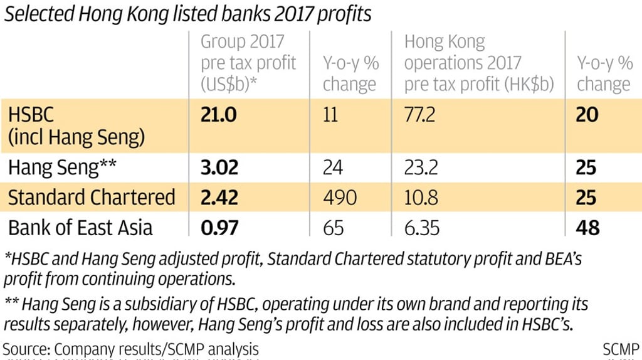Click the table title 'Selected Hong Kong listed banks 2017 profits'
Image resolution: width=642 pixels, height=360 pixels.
(x=187, y=14)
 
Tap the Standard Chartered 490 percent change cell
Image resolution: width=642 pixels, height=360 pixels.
(x=339, y=198)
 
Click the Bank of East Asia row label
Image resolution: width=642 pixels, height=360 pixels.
(x=80, y=227)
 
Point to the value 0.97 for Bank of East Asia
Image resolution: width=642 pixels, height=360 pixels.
(x=219, y=227)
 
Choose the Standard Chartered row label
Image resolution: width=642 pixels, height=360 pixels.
(x=92, y=198)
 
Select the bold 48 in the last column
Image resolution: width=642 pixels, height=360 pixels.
(x=588, y=227)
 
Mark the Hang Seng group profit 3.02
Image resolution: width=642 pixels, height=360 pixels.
(x=219, y=168)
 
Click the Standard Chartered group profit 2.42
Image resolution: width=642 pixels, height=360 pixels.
(x=219, y=198)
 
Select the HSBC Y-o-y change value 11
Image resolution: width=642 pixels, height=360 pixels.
(x=330, y=115)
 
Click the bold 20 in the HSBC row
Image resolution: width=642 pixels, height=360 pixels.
(x=587, y=115)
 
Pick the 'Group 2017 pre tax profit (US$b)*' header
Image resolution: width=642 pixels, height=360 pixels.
(x=248, y=63)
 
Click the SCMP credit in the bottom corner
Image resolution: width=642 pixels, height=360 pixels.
(x=621, y=349)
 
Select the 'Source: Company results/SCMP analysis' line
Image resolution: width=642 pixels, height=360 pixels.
(x=130, y=349)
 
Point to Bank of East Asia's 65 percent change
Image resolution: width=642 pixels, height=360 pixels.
(x=334, y=227)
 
